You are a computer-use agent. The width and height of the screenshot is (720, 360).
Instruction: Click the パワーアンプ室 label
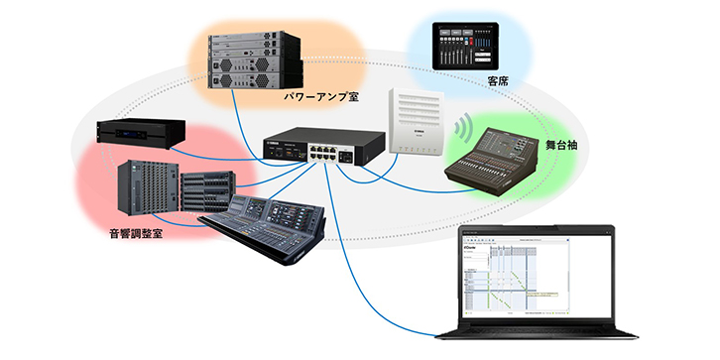320,96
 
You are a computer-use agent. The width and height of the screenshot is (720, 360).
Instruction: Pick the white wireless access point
419,120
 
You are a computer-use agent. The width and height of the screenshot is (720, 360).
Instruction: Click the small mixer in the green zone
497,159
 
